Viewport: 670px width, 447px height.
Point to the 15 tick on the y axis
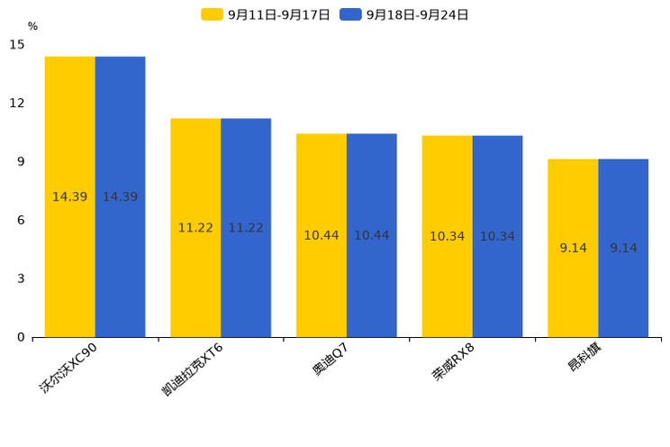[17, 44]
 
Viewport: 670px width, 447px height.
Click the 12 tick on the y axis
[17, 103]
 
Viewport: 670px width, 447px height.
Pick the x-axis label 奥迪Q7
[330, 360]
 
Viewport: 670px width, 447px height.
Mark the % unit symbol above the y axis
[32, 26]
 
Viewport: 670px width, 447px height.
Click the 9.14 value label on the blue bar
[623, 248]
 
